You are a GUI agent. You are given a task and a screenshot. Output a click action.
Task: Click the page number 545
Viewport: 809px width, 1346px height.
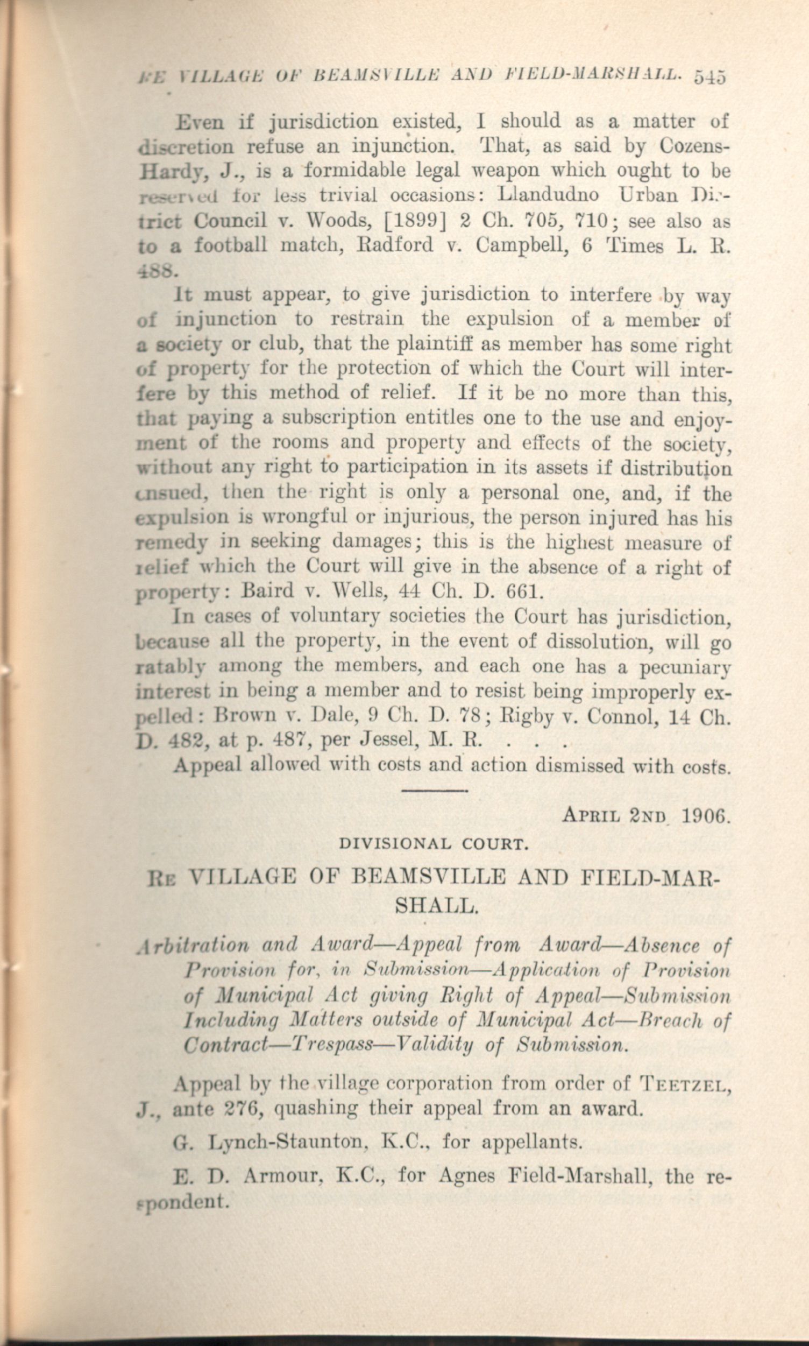click(710, 78)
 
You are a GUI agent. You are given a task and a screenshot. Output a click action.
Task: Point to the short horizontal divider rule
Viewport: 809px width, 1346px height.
click(434, 788)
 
